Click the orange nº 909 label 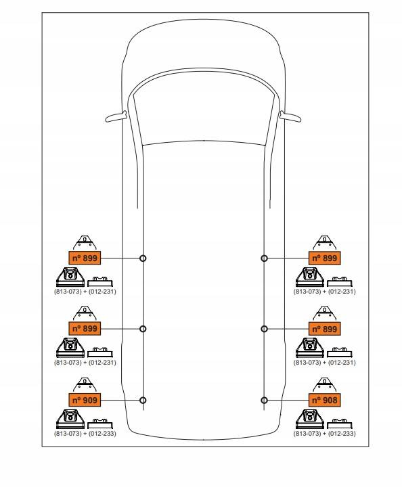click(x=85, y=400)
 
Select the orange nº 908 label click(x=324, y=400)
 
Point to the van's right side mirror click(x=290, y=116)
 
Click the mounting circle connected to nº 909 click(x=143, y=400)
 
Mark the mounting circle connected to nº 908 click(x=264, y=400)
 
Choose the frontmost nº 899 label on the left click(x=85, y=258)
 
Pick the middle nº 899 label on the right click(x=324, y=329)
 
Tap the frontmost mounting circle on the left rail click(x=143, y=258)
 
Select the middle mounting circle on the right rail click(x=264, y=329)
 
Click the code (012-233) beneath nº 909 click(x=102, y=433)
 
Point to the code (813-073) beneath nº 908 click(x=307, y=433)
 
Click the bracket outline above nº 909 click(x=85, y=385)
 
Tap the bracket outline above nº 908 click(x=324, y=385)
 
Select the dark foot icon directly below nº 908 click(x=309, y=419)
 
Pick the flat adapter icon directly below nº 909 click(x=100, y=424)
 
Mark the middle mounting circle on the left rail click(x=143, y=329)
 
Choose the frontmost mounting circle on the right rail click(x=264, y=258)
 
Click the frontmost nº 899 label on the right click(x=324, y=258)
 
